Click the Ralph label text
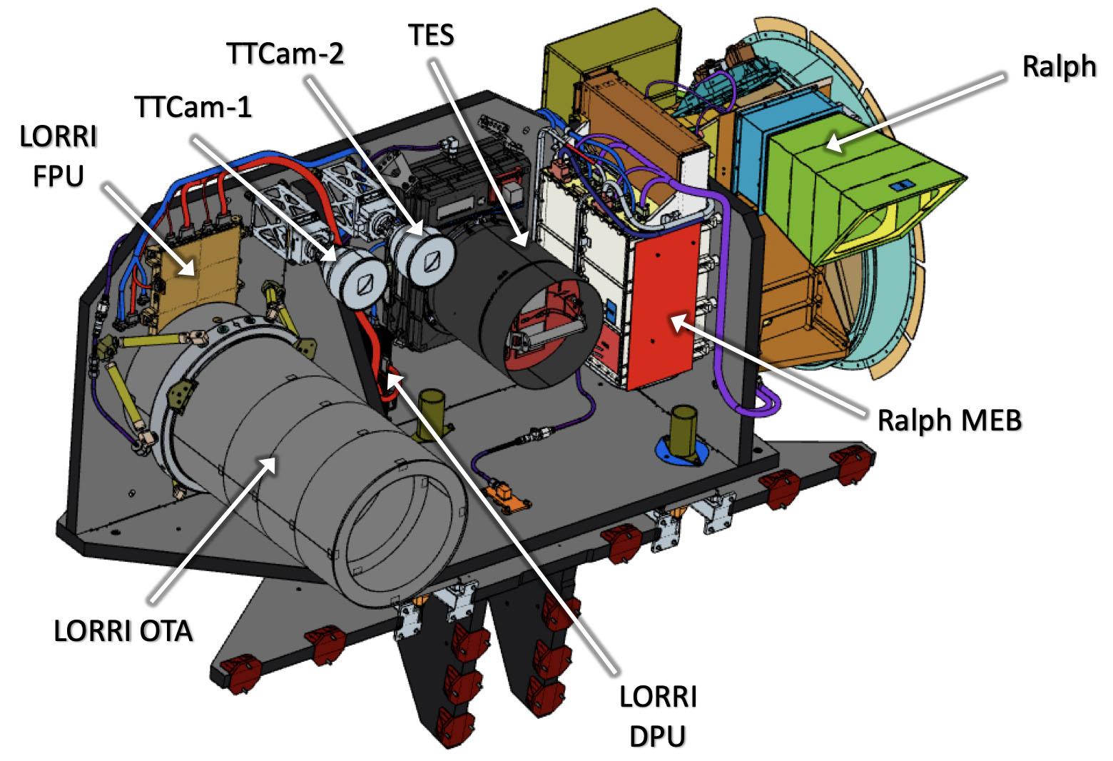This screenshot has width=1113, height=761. click(x=1058, y=67)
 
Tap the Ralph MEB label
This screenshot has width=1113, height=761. click(x=949, y=420)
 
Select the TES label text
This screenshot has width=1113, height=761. click(x=431, y=35)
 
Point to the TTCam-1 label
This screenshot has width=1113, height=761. click(x=193, y=107)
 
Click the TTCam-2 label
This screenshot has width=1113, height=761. click(x=285, y=54)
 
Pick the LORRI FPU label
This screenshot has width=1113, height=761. click(x=59, y=156)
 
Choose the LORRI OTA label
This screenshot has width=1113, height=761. click(x=123, y=631)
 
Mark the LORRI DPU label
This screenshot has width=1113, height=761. click(x=658, y=716)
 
